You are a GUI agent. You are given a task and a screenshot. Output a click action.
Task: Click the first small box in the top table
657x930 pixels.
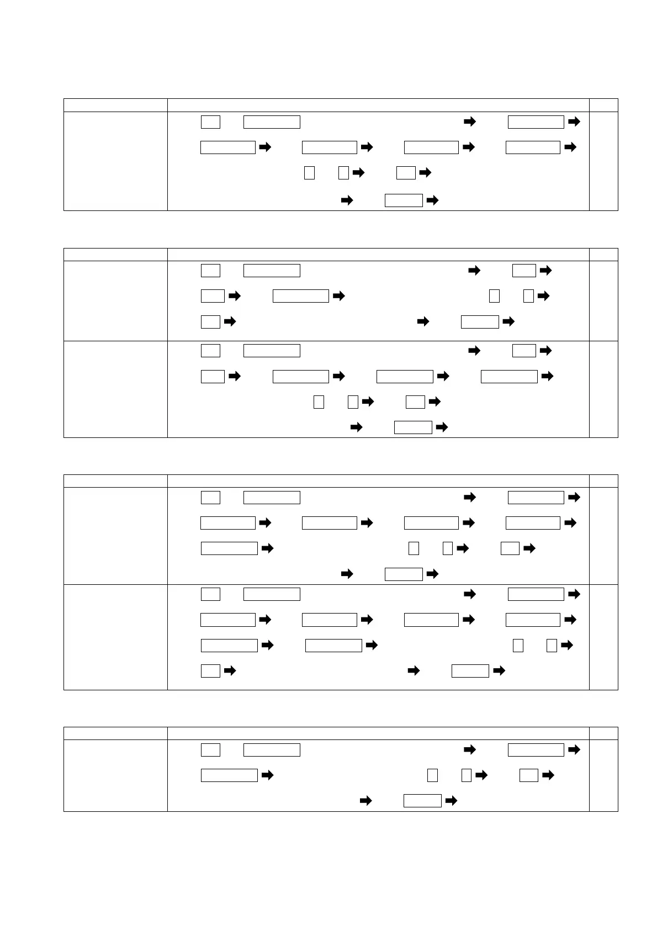click(210, 121)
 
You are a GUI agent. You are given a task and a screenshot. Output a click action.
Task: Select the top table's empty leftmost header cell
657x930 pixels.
click(115, 105)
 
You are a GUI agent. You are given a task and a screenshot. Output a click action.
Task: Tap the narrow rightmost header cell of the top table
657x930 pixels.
click(603, 105)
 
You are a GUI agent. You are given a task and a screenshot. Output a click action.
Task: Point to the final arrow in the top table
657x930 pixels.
click(433, 200)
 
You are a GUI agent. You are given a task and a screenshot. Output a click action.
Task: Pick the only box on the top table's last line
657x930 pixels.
click(404, 200)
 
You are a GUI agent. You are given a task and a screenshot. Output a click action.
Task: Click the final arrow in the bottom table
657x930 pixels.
click(451, 801)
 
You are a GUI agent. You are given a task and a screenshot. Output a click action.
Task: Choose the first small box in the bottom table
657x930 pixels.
click(210, 750)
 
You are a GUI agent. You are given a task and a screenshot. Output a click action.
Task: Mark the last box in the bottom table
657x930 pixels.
click(422, 801)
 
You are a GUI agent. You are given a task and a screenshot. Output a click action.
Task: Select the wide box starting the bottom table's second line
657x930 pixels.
click(229, 775)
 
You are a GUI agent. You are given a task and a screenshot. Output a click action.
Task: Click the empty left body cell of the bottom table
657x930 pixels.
click(115, 775)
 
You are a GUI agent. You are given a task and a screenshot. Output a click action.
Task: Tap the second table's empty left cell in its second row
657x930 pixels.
click(115, 389)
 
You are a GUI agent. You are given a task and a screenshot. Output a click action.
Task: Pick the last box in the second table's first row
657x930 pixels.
click(480, 321)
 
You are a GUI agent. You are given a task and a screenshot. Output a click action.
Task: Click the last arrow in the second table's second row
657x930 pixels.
click(442, 427)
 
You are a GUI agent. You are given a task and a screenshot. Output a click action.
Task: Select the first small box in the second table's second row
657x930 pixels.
click(210, 351)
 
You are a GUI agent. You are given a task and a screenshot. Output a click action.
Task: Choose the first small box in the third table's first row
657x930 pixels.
click(210, 497)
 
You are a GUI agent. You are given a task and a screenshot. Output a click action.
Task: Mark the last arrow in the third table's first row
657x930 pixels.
click(433, 574)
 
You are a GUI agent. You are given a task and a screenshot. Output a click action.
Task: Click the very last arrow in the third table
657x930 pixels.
click(499, 671)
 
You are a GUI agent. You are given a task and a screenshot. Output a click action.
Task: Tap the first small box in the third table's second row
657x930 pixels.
click(210, 594)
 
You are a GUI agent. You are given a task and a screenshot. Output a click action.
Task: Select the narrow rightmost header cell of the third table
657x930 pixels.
click(603, 480)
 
